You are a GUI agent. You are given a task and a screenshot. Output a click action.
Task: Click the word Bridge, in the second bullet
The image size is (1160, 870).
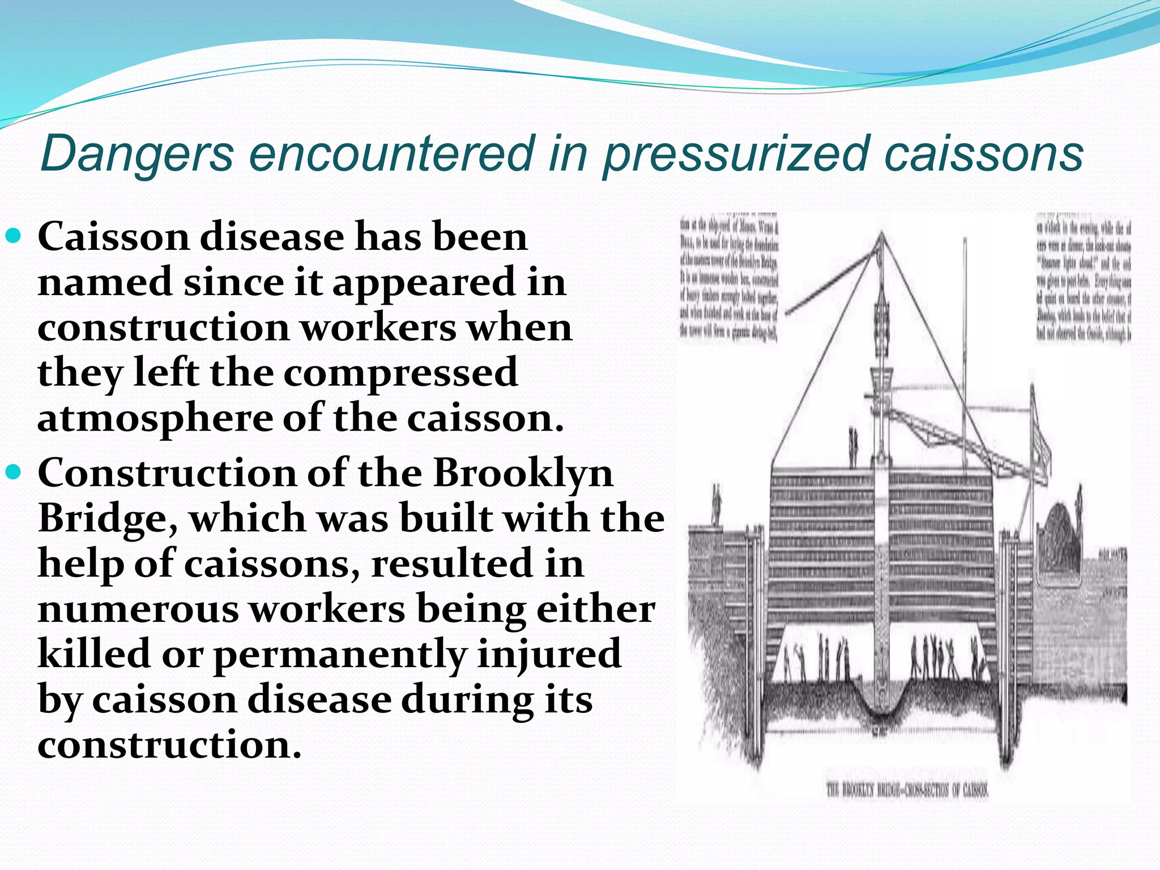click(108, 519)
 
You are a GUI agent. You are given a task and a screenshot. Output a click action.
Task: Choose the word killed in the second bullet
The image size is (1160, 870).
click(94, 654)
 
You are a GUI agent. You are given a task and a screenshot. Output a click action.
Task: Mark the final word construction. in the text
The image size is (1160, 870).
click(169, 744)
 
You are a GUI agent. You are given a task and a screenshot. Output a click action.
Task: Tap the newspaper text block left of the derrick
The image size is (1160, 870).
click(730, 279)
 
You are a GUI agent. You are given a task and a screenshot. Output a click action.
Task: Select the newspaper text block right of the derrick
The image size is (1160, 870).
click(1083, 279)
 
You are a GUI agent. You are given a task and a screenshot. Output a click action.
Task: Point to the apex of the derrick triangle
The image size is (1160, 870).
click(881, 233)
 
